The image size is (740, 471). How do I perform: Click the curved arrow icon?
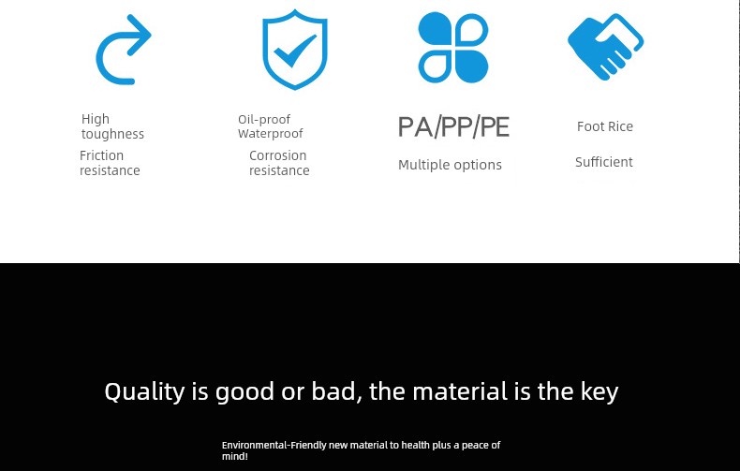100,66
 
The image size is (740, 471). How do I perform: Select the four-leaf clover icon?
453,47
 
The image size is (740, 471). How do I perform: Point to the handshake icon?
605,46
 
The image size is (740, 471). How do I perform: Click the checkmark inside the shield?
294,52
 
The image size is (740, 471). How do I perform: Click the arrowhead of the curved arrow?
140,35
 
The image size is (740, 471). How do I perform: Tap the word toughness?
112,134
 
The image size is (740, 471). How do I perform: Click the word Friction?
101,155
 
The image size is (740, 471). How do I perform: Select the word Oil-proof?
264,120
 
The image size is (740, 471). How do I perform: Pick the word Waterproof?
271,134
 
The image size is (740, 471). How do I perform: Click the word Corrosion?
278,155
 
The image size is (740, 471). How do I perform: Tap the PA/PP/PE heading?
453,127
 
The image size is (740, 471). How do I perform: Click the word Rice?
621,126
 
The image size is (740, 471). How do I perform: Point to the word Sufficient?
604,162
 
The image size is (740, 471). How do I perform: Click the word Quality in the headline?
145,391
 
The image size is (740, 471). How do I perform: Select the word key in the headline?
599,391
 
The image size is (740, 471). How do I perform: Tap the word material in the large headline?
460,391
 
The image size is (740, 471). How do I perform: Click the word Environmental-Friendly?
274,445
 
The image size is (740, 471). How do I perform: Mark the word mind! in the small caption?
234,456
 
